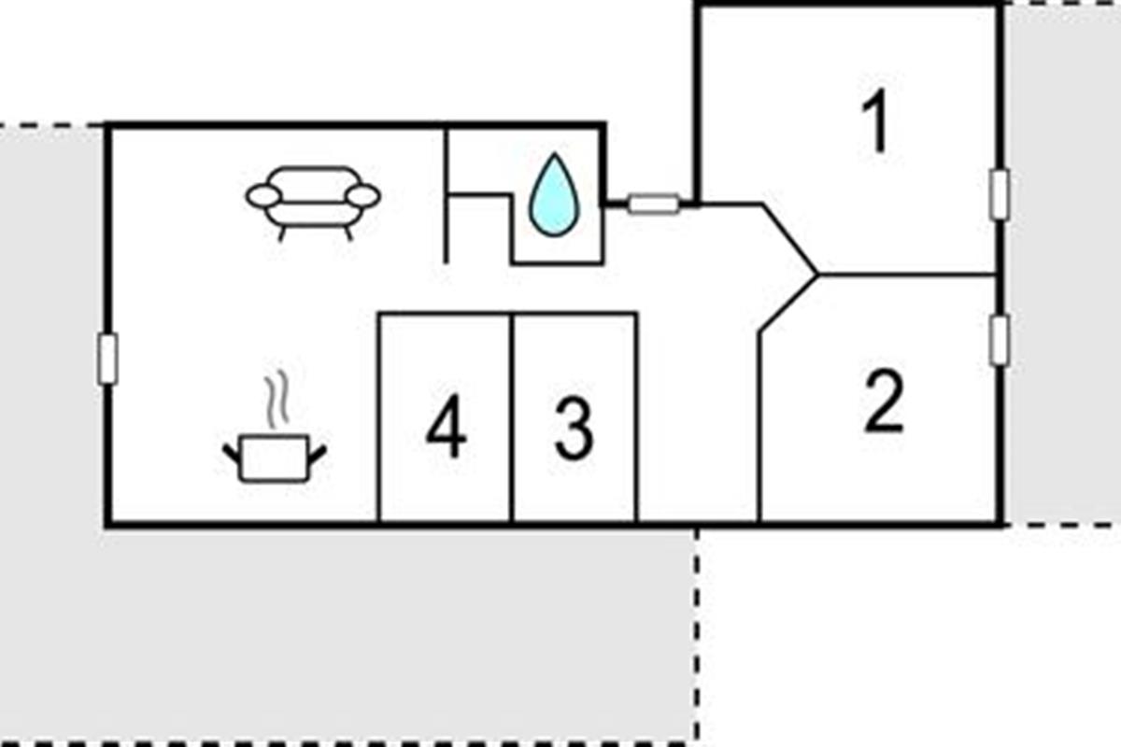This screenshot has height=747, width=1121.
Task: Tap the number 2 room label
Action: pos(884,402)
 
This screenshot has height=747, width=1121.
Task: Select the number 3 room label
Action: pos(574,429)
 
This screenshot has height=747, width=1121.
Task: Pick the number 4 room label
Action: pos(446,430)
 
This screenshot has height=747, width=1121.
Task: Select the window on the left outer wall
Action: pos(108,359)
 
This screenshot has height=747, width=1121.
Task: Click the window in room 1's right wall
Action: pos(1000,194)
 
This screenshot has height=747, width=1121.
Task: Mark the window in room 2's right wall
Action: pos(1000,340)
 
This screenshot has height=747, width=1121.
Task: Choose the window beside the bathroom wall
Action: pos(652,203)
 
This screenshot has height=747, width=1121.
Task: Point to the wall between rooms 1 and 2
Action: pos(906,275)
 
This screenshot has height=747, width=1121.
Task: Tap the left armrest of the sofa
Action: pos(263,195)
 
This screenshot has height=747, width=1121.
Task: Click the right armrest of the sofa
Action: pos(363,195)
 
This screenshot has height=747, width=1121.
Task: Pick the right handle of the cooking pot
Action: pos(318,454)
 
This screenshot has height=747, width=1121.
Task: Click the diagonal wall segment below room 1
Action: pos(790,238)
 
